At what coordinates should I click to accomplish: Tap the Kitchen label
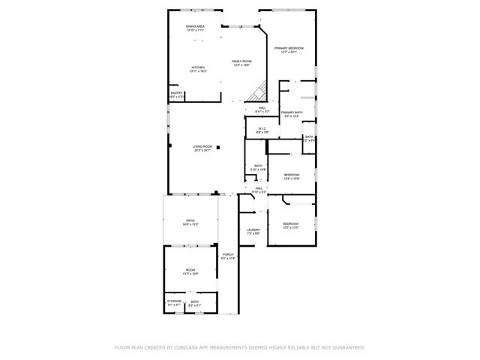198,68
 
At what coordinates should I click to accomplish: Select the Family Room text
241,62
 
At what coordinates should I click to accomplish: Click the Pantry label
175,94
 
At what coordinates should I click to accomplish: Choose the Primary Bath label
292,114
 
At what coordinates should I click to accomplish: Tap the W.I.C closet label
262,130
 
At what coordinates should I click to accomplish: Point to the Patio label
190,222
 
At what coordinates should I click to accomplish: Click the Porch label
228,256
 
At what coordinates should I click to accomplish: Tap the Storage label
174,302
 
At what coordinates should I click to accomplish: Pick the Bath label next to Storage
194,302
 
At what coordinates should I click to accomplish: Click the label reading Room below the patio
190,271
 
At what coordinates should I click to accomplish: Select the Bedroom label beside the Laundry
290,225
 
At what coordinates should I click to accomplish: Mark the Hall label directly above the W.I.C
262,109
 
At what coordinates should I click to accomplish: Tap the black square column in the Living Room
218,148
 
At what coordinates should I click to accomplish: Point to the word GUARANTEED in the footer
347,347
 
